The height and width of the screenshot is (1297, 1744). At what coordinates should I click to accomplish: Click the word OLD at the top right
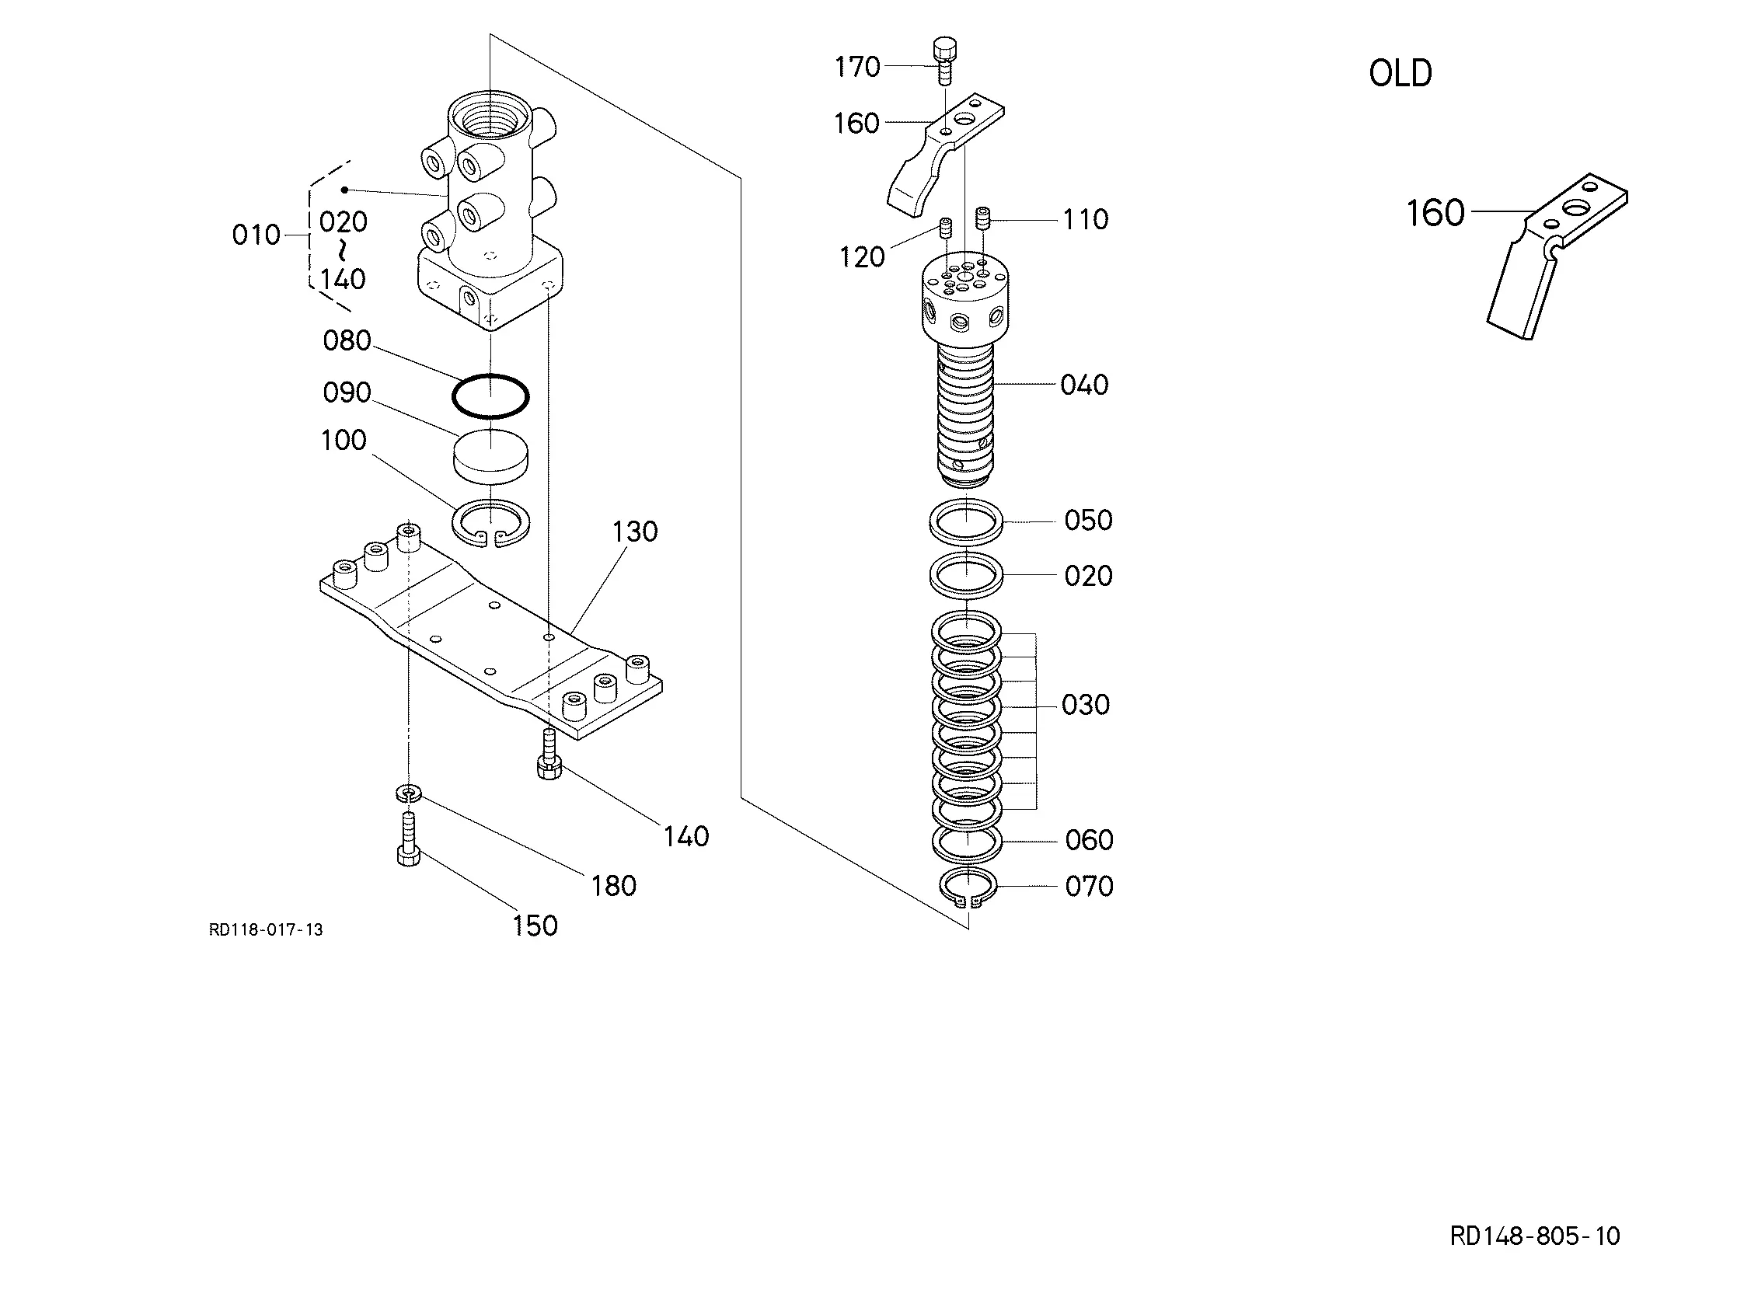1400,73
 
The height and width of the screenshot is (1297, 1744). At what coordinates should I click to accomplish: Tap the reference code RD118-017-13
266,929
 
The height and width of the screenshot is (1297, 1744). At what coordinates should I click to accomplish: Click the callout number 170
856,67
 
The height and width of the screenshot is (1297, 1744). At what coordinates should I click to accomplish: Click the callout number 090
347,392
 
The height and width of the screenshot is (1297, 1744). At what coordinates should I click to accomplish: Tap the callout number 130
634,532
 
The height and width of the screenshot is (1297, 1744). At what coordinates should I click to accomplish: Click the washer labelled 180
408,793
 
